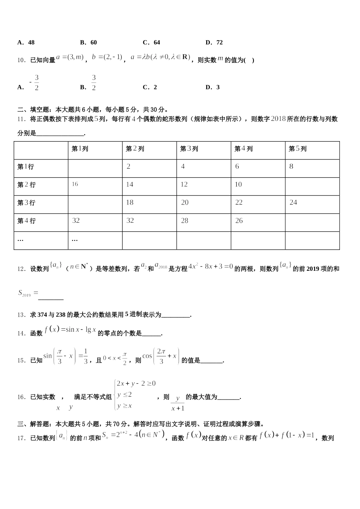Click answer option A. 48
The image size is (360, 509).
pos(26,42)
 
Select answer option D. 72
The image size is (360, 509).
pos(214,42)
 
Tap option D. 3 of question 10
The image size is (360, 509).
pos(213,87)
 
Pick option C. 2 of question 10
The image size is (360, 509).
pos(150,87)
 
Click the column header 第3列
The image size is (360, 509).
pos(189,149)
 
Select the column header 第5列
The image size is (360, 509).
pos(297,149)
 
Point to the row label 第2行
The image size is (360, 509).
pos(27,185)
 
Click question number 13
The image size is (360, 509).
pos(21,315)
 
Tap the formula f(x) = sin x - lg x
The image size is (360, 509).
pos(70,330)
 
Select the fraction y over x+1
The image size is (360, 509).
pos(178,404)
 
